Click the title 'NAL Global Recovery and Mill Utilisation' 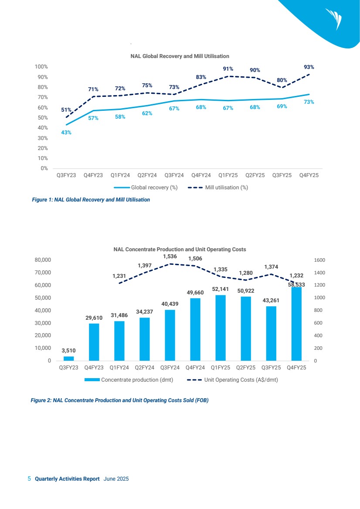(180, 56)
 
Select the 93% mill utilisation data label (309, 67)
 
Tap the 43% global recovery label (66, 133)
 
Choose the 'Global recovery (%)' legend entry (145, 188)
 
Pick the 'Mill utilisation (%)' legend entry (218, 188)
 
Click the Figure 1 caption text (91, 200)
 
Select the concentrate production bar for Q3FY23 (68, 359)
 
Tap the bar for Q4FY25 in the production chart (296, 324)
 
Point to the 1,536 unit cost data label (170, 256)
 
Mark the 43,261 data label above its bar (271, 301)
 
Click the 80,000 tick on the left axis (43, 260)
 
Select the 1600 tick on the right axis (319, 260)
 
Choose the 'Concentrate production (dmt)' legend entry (129, 380)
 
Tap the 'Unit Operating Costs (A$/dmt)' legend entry (233, 380)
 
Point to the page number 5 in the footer (29, 479)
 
